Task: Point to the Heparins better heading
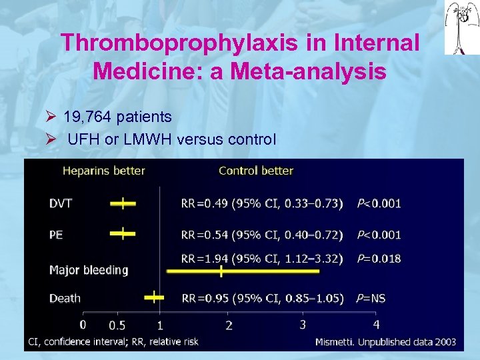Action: [103, 171]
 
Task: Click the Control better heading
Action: [255, 171]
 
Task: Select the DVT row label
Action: [61, 203]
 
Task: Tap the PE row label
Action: [57, 234]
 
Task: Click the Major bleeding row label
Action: [89, 270]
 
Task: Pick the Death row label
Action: [65, 298]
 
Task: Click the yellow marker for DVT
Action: [122, 202]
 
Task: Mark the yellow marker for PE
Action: [122, 233]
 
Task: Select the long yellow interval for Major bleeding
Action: [220, 271]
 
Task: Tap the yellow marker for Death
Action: [154, 296]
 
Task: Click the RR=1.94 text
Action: [204, 258]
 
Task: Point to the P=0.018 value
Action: [379, 258]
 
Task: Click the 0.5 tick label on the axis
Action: [117, 325]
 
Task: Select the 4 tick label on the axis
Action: [376, 325]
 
